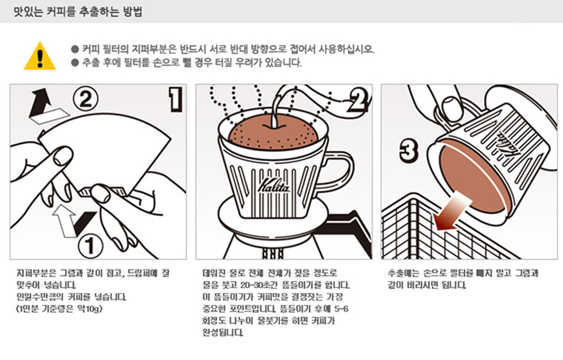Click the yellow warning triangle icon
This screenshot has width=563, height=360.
coord(40,56)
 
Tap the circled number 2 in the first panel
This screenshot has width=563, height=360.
coord(86,99)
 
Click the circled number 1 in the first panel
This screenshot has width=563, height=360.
coord(90,246)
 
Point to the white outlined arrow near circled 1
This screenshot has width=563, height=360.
coord(64,220)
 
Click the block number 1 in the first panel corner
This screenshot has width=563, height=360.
coord(175,99)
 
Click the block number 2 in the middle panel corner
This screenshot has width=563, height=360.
coord(357,100)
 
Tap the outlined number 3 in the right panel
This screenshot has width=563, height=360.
coord(408,150)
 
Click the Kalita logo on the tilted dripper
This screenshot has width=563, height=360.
coord(506,144)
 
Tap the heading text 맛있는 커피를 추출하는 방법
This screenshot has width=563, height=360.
coord(78,11)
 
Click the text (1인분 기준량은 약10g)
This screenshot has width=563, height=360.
coord(60,309)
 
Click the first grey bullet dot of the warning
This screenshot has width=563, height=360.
coord(75,49)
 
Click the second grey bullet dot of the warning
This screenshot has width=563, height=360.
coord(75,63)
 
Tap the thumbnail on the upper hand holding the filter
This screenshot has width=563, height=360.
coord(63,155)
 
